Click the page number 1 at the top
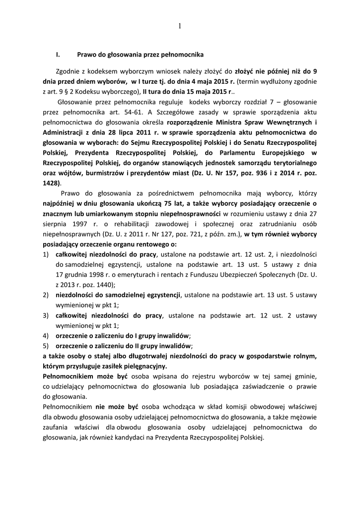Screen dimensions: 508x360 [179, 25]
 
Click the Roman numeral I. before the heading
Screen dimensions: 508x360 [58, 54]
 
